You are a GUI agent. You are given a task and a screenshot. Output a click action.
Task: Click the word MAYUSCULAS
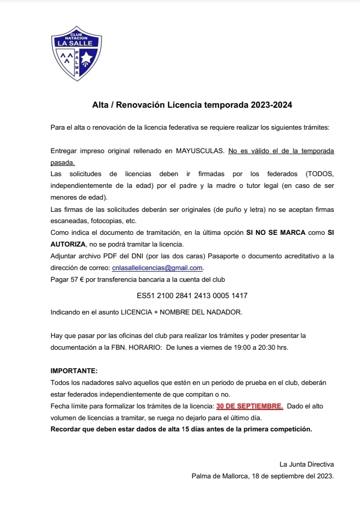pyautogui.click(x=200, y=152)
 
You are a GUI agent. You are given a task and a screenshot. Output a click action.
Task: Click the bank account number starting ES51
pyautogui.click(x=193, y=296)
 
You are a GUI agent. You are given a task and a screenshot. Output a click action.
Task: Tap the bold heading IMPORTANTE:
pyautogui.click(x=74, y=370)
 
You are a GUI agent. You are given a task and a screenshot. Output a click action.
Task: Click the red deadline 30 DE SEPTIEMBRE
pyautogui.click(x=250, y=406)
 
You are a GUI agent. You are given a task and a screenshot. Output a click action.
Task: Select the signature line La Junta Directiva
pyautogui.click(x=306, y=464)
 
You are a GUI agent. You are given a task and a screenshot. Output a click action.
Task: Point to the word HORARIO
pyautogui.click(x=143, y=347)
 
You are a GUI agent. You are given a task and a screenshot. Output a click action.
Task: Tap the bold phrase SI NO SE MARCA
pyautogui.click(x=276, y=232)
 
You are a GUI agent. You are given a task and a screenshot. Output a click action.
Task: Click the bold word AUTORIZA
pyautogui.click(x=69, y=244)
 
